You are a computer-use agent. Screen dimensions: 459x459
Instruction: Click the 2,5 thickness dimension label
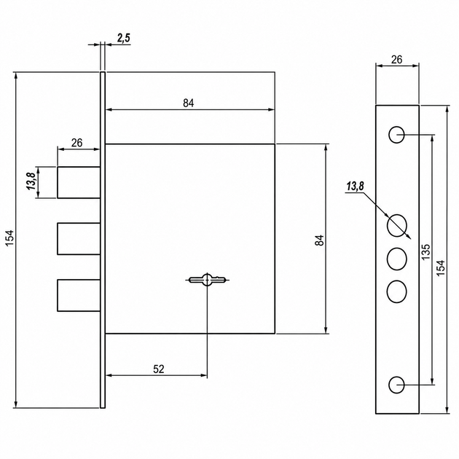tap(124, 39)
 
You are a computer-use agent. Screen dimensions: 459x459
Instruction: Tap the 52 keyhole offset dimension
tap(159, 369)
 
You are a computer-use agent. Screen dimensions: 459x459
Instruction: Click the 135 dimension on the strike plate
tap(426, 252)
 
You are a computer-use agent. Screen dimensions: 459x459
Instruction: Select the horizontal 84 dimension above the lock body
tap(189, 103)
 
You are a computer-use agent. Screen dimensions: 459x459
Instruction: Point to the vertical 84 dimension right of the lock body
tap(320, 240)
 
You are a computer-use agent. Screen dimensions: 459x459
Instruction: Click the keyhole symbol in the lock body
tap(207, 280)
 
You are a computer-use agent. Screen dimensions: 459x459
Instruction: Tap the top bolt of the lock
tap(79, 182)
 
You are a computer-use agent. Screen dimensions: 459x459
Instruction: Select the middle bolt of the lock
tap(79, 238)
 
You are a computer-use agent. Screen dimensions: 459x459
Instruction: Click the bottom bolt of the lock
tap(79, 295)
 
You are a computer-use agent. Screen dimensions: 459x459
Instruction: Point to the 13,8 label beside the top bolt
tap(31, 181)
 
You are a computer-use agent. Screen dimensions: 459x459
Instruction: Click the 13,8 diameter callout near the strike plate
tap(356, 187)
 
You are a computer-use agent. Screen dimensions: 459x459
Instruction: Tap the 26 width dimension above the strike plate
tap(396, 60)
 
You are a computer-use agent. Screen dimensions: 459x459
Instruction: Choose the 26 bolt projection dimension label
tap(76, 143)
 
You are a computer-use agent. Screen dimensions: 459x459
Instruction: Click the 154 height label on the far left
tap(9, 238)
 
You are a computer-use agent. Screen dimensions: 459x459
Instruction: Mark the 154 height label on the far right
tap(441, 267)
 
